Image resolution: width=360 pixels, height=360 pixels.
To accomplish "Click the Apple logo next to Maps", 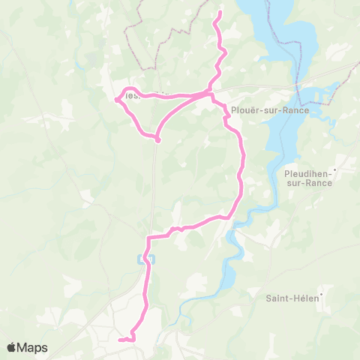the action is [x=13, y=347].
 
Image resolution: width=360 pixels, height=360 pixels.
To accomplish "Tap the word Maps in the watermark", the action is [x=33, y=347].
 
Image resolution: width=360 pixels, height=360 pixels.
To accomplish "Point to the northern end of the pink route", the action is [x=219, y=13].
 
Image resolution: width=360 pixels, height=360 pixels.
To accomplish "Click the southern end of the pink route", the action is [x=120, y=340].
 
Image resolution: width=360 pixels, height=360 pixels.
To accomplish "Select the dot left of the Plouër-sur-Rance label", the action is [x=225, y=109].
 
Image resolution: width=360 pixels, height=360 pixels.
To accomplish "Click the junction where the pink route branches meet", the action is [x=208, y=93].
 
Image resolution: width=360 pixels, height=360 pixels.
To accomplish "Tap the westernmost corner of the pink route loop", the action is [x=116, y=99].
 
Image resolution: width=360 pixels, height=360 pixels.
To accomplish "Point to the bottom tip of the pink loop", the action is [x=157, y=139].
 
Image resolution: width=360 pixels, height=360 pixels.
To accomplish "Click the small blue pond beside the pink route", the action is [x=144, y=259].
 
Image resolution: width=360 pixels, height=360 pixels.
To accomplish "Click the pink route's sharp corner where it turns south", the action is [x=148, y=238].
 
